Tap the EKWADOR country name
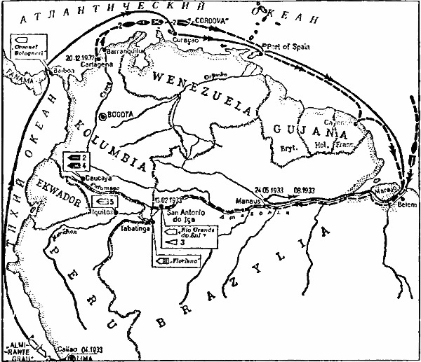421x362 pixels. [58, 191]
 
